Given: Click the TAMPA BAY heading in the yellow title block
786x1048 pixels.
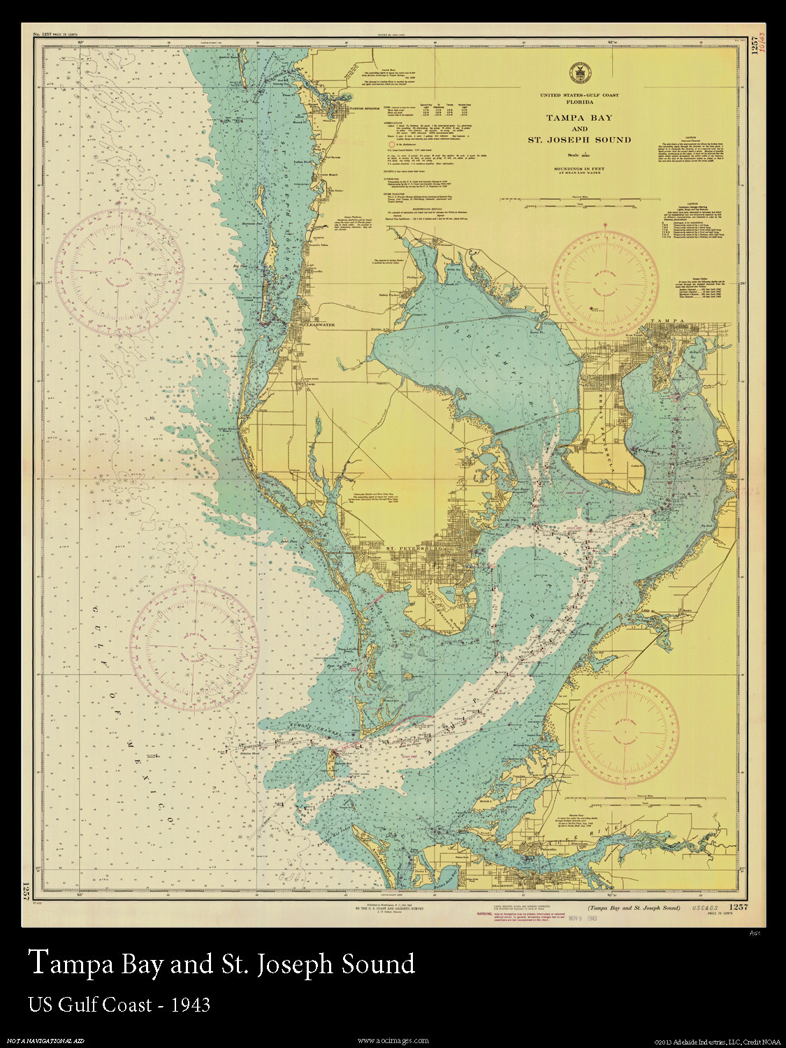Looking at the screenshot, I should click(578, 117).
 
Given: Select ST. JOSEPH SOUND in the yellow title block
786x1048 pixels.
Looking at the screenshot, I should click(578, 140).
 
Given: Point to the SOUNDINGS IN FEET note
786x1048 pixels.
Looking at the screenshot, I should click(578, 170).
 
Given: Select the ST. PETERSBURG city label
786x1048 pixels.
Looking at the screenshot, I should click(416, 548).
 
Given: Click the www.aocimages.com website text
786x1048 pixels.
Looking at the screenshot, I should click(393, 1040).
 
